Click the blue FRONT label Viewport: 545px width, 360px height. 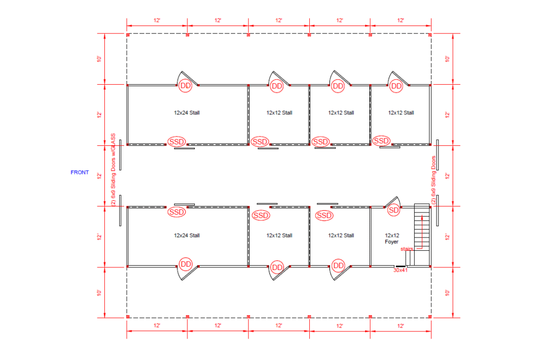pyautogui.click(x=80, y=172)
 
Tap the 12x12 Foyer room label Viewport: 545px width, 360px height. pyautogui.click(x=392, y=239)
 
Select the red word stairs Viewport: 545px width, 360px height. pyautogui.click(x=407, y=249)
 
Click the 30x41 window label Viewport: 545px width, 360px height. pyautogui.click(x=400, y=270)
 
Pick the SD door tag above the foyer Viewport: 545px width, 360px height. pyautogui.click(x=393, y=210)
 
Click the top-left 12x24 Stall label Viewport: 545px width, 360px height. pyautogui.click(x=187, y=113)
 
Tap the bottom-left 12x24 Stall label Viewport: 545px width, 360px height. pyautogui.click(x=187, y=235)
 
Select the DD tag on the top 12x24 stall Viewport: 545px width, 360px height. pyautogui.click(x=185, y=86)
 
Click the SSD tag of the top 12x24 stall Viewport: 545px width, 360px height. pyautogui.click(x=177, y=142)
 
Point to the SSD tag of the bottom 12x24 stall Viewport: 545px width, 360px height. pyautogui.click(x=177, y=212)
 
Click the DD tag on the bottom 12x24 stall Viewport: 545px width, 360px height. pyautogui.click(x=186, y=264)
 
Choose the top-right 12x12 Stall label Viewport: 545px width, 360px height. pyautogui.click(x=401, y=113)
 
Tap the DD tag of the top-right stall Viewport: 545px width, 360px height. pyautogui.click(x=396, y=86)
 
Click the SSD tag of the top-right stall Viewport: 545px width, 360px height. pyautogui.click(x=381, y=141)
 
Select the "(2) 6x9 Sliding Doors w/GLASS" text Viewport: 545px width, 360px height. pyautogui.click(x=113, y=170)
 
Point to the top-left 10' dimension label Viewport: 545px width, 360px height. pyautogui.click(x=99, y=59)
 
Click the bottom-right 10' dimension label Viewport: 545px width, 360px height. pyautogui.click(x=447, y=293)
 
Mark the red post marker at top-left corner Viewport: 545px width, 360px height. pyautogui.click(x=128, y=35)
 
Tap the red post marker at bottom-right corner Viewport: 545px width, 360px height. pyautogui.click(x=430, y=316)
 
